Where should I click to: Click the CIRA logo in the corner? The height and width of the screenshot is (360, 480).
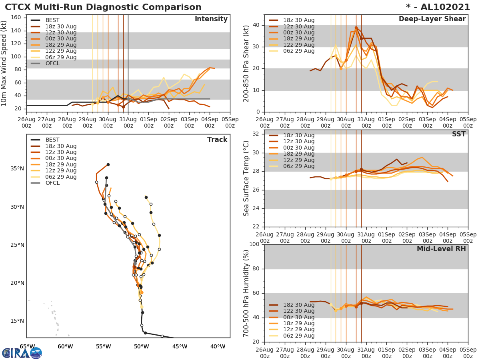[22, 353]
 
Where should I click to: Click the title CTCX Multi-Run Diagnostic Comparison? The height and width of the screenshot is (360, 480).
[103, 7]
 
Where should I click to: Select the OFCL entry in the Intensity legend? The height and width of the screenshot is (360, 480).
[52, 63]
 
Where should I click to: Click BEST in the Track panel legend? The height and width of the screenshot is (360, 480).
[52, 140]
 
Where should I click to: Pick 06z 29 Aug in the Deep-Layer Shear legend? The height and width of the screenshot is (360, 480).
[299, 51]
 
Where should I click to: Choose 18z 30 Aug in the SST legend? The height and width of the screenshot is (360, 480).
[299, 135]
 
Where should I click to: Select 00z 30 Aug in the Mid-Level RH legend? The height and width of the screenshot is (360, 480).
[299, 317]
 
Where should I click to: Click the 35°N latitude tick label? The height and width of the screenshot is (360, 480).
[17, 168]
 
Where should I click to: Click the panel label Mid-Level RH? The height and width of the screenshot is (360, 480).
[441, 249]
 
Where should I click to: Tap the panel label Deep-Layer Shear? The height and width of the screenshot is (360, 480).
[432, 19]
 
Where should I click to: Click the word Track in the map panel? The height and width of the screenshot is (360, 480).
[217, 140]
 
